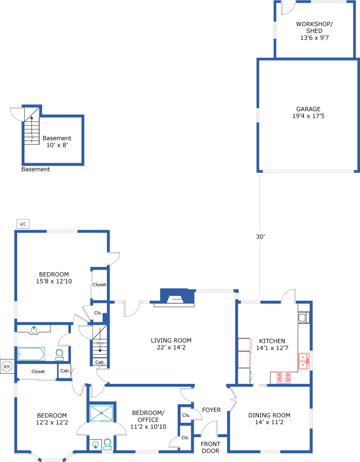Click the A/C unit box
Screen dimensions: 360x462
point(23,224)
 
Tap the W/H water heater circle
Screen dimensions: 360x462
point(7,366)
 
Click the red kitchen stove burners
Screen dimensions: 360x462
point(283,377)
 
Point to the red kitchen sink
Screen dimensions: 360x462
point(304,361)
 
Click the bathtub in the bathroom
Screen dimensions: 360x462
point(31,354)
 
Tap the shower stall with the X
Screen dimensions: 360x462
point(101,413)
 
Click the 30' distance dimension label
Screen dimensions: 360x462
point(260,237)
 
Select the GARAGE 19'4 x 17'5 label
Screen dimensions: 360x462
point(309,112)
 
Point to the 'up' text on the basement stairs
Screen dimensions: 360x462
point(32,137)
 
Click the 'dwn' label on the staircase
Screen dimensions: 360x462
point(100,343)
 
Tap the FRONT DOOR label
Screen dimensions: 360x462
point(210,447)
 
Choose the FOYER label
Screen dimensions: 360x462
point(211,410)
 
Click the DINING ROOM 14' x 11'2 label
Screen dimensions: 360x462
point(269,419)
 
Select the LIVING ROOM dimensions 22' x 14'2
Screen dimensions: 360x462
point(171,347)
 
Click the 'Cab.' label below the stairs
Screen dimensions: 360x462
point(100,362)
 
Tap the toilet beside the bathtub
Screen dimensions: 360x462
point(59,355)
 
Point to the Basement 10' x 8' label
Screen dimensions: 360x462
point(57,142)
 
